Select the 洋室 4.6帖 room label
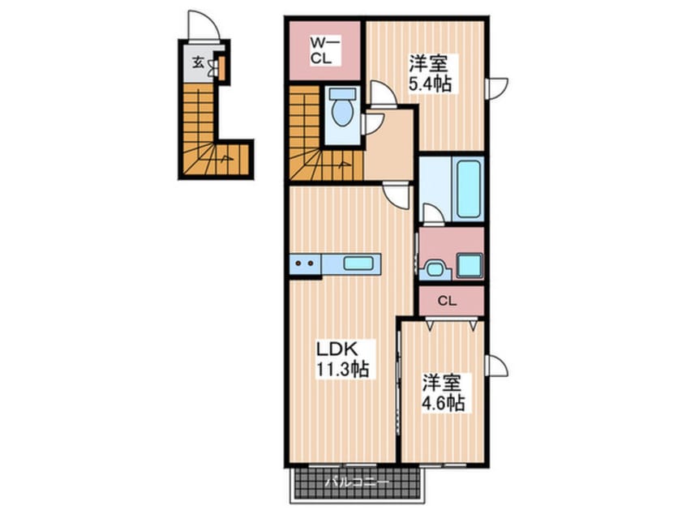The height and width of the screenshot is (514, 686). (444, 392)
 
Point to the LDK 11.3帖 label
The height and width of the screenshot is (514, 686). (341, 359)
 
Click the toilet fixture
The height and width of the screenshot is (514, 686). (343, 112)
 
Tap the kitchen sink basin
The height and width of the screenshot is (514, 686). (358, 263)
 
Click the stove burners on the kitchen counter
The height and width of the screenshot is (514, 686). (304, 263)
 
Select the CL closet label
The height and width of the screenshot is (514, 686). (447, 301)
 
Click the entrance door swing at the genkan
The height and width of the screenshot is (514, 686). (199, 24)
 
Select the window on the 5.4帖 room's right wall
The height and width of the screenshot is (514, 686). (495, 88)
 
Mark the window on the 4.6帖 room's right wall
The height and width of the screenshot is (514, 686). (495, 365)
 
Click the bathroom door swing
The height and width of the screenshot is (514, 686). (432, 213)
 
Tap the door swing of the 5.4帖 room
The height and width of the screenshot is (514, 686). (384, 94)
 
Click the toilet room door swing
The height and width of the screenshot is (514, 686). (374, 122)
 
